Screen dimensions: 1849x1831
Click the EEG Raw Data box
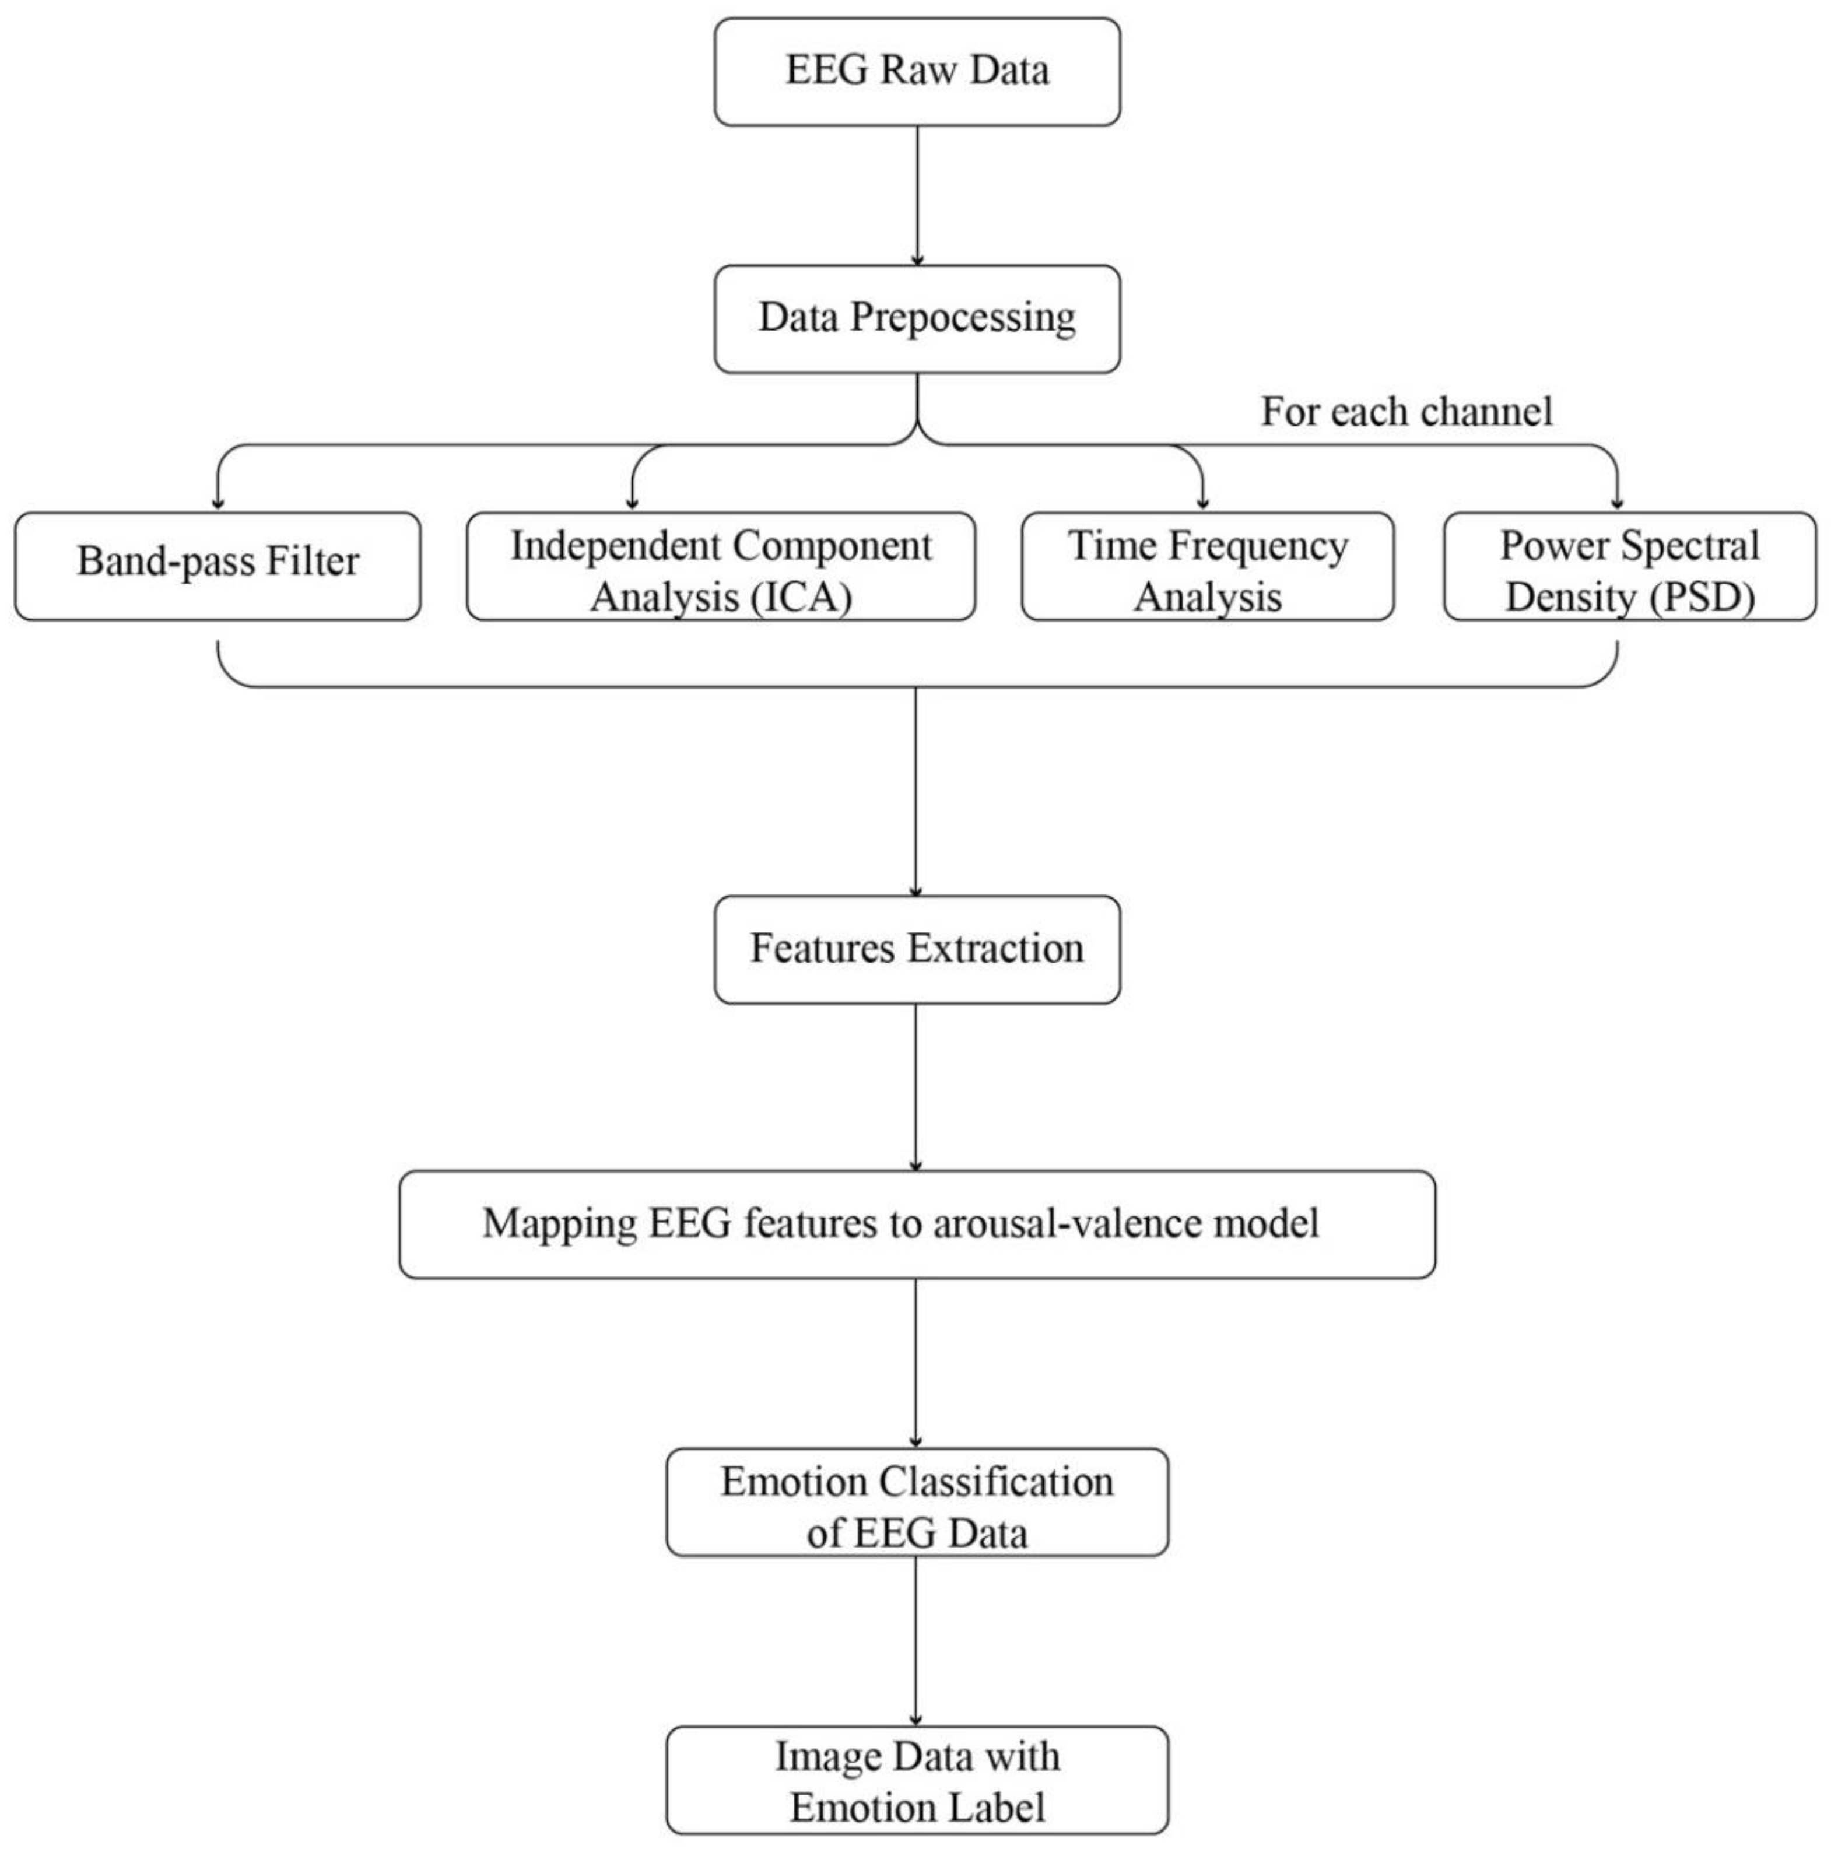[916, 72]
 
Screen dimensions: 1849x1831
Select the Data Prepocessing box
[916, 319]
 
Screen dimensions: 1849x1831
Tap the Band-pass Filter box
[218, 566]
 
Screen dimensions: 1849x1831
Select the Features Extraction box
[916, 949]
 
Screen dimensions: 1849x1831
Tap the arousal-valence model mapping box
[916, 1224]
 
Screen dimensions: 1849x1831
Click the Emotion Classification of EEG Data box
[916, 1501]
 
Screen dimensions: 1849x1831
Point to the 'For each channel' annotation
[1405, 412]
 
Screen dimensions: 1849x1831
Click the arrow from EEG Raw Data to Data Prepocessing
[917, 196]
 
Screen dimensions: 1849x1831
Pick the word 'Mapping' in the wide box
[559, 1224]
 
